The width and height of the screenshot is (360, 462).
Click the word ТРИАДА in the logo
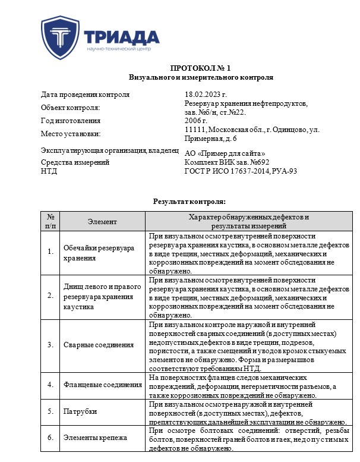point(122,36)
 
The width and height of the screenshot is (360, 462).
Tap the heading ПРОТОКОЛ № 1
point(201,68)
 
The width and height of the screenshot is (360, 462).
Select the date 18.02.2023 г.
point(206,95)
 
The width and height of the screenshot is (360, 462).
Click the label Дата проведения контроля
point(85,95)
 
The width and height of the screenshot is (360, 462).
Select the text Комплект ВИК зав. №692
point(227,162)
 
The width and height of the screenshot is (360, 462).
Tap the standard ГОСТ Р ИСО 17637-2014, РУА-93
point(241,171)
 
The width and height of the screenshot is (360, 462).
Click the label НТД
point(49,171)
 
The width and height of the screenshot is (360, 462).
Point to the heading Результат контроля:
point(189,202)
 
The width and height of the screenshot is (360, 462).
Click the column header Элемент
point(102,221)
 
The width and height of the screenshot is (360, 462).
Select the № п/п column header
point(50,221)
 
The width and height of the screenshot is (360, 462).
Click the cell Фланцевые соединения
point(103,385)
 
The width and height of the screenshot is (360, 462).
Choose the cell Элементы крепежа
point(95,438)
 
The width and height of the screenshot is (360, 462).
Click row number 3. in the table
point(50,345)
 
